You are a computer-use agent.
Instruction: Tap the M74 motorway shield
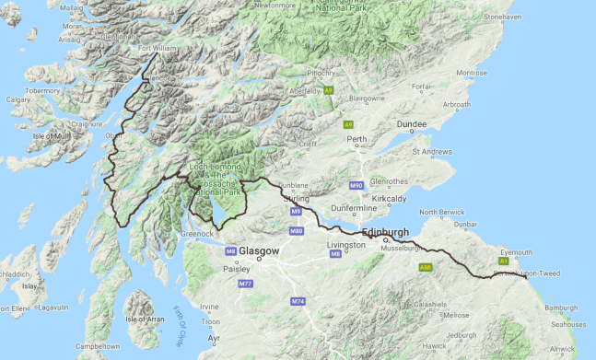[x=297, y=302]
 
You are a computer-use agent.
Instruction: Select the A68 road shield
[x=425, y=267]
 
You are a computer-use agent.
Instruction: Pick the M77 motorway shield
[x=245, y=285]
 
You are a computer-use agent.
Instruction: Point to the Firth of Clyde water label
[x=181, y=323]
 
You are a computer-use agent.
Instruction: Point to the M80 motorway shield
[x=297, y=230]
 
